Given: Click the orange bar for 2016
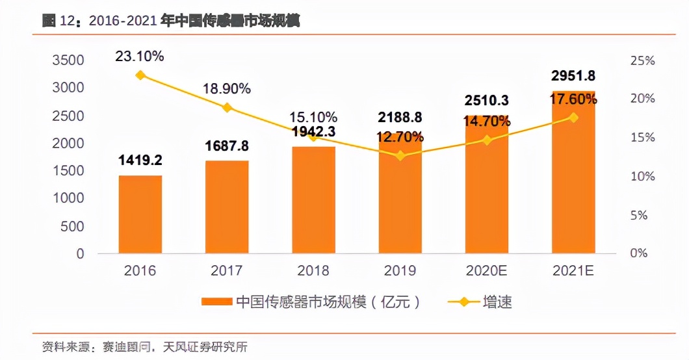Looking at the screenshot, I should coord(140,214).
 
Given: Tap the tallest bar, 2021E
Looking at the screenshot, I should coord(573,172).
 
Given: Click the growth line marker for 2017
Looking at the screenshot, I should coord(227,107).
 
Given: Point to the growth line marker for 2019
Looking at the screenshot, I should coord(400,155).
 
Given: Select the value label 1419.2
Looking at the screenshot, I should coord(140,161).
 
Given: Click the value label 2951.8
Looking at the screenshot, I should coord(573,76).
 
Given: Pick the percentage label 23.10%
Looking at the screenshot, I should coord(140,56).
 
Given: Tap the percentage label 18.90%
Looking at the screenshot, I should coord(227,89).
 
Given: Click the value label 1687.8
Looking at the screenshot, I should coord(227,146).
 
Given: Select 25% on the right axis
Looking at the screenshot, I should coord(642,60).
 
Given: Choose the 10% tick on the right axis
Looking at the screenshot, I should coord(642,176).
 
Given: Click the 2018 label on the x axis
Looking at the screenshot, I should coord(313,270).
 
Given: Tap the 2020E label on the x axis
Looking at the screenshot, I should coord(486,270).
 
